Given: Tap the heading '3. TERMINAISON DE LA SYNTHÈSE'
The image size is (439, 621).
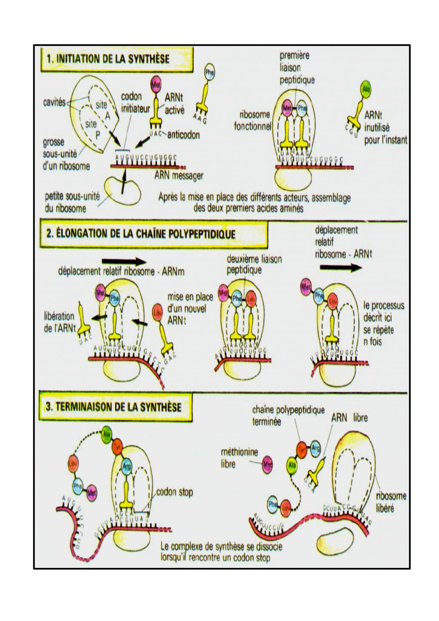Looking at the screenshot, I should (113, 406).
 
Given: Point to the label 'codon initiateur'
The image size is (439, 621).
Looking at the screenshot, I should (135, 102).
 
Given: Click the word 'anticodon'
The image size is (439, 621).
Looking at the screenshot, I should (183, 135).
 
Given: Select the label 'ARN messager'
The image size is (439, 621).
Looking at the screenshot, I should (178, 175).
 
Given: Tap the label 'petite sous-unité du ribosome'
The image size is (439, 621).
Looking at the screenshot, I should (72, 202).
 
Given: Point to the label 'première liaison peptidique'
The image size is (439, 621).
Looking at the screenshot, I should (297, 68).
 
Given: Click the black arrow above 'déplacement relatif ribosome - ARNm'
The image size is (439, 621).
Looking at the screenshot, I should (124, 262).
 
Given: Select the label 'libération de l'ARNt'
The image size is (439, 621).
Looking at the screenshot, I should (59, 322).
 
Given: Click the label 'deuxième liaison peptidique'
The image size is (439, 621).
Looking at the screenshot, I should (254, 264).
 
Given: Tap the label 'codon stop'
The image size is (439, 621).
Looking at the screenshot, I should (174, 492).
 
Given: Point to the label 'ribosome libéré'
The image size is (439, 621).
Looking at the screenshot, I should (391, 502).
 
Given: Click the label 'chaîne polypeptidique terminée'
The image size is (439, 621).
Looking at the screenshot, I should (288, 416).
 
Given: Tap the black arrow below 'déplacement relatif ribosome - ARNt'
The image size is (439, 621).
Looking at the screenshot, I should (340, 268).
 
